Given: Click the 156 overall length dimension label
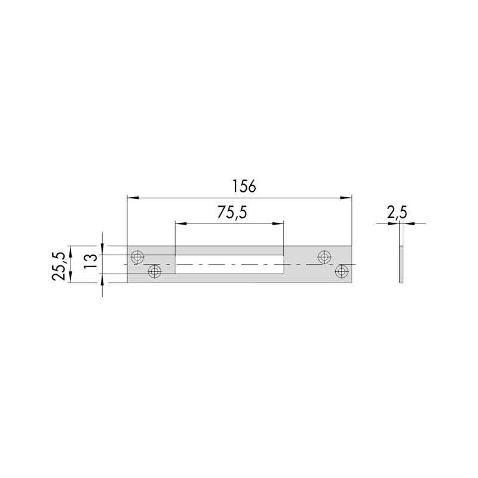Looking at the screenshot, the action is pyautogui.click(x=244, y=186).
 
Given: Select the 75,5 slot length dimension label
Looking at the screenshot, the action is pyautogui.click(x=232, y=212).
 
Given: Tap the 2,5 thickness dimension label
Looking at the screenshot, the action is pyautogui.click(x=397, y=212).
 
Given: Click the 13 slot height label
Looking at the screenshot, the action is pyautogui.click(x=91, y=261).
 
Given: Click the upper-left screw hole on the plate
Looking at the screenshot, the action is pyautogui.click(x=137, y=257).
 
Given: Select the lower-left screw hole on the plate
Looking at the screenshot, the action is pyautogui.click(x=155, y=271).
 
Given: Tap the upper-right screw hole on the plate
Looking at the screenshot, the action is pyautogui.click(x=324, y=257).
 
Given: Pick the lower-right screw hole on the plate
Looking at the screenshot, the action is pyautogui.click(x=342, y=271).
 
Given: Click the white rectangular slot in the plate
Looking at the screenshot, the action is pyautogui.click(x=229, y=264).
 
